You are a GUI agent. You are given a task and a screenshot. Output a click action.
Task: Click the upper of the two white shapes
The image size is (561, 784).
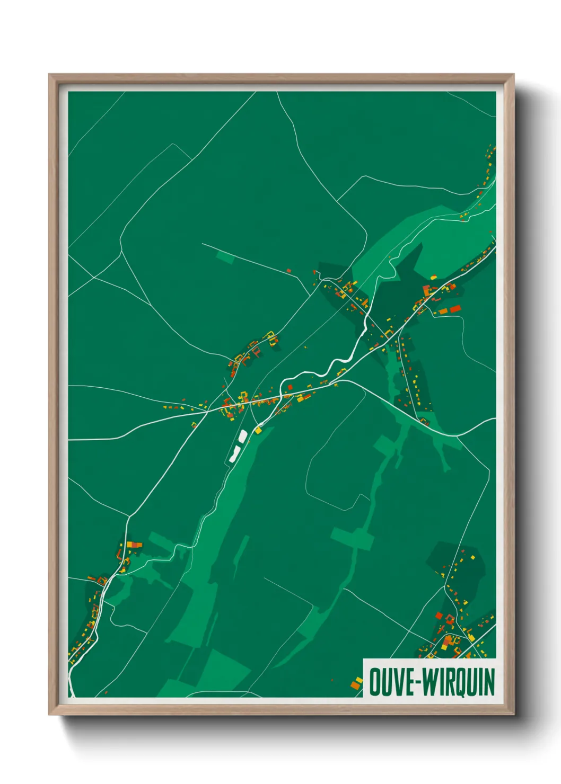click(243, 436)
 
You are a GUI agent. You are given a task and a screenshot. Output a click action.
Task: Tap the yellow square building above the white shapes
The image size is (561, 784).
click(258, 430)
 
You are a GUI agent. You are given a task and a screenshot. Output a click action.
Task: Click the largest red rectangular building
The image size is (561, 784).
click(455, 309)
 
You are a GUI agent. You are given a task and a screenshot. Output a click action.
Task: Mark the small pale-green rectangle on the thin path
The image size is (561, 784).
click(225, 258)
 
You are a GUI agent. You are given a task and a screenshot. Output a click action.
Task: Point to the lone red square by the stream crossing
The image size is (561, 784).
click(290, 387)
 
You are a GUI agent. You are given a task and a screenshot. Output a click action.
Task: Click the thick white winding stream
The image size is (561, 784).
click(339, 362)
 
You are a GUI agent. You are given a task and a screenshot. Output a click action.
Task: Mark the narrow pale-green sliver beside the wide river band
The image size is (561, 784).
click(240, 556)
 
